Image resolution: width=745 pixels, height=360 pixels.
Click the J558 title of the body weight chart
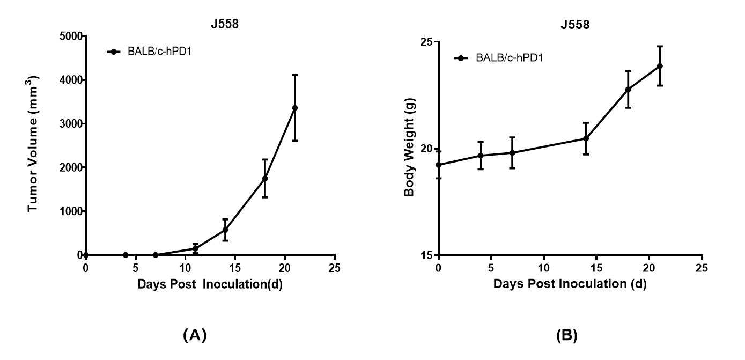tap(574, 25)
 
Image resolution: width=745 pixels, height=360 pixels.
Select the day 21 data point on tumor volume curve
tap(294, 108)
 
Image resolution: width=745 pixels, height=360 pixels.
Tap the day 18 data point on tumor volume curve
tap(265, 178)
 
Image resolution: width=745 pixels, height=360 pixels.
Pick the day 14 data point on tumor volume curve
tap(225, 230)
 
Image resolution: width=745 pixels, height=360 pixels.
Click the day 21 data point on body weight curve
tap(660, 66)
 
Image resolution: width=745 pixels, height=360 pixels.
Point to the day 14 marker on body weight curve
tap(586, 138)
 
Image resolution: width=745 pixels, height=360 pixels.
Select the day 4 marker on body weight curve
tap(481, 156)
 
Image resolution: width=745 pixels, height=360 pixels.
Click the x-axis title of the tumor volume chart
tap(210, 284)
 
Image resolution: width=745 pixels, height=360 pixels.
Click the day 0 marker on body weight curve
tap(439, 165)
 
